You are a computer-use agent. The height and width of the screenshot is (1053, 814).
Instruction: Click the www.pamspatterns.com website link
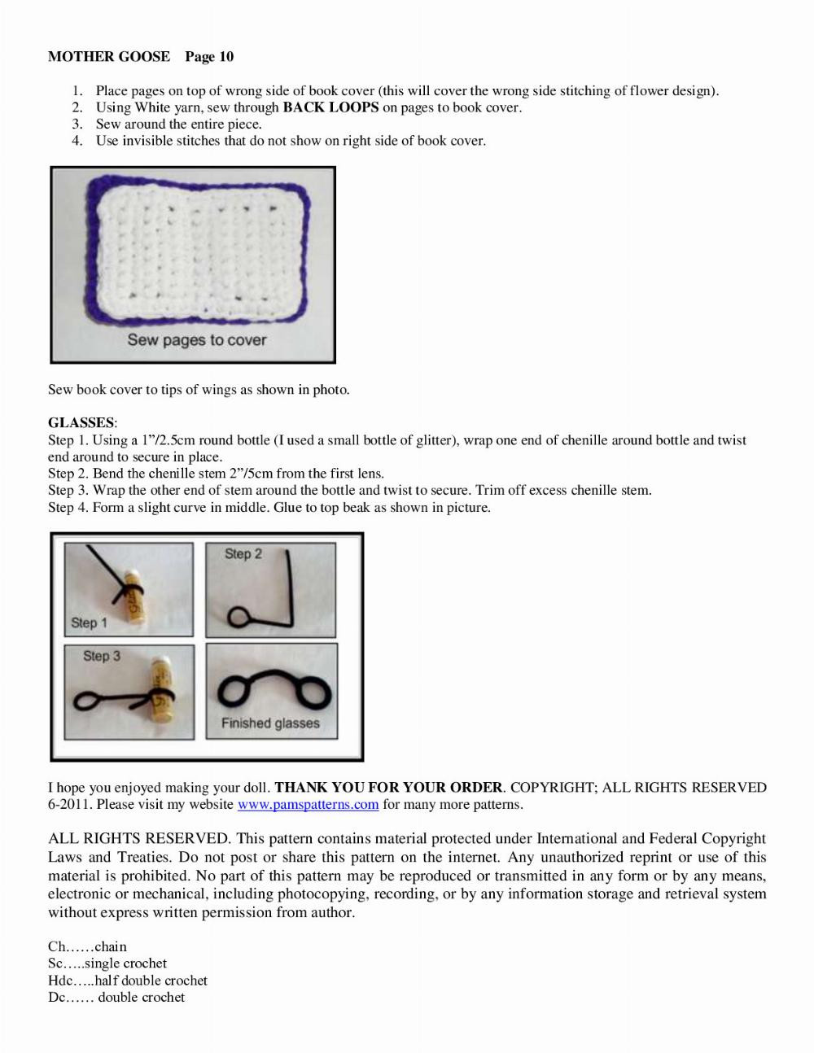308,805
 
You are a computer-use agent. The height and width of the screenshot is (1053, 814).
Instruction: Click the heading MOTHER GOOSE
109,56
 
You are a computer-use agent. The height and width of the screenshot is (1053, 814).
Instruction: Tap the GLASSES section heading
81,422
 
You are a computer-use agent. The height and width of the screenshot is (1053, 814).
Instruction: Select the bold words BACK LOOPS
330,107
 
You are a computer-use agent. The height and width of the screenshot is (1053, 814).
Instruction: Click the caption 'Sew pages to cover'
196,340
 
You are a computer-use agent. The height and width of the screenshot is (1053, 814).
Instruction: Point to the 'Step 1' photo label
89,623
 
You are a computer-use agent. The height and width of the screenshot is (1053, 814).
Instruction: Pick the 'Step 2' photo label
243,553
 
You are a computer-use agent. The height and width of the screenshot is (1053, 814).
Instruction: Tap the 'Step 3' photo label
101,656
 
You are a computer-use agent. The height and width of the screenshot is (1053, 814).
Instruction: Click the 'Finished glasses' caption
270,723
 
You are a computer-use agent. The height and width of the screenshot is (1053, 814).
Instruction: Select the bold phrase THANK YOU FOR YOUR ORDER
388,788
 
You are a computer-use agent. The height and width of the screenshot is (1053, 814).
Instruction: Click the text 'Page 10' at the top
209,56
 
